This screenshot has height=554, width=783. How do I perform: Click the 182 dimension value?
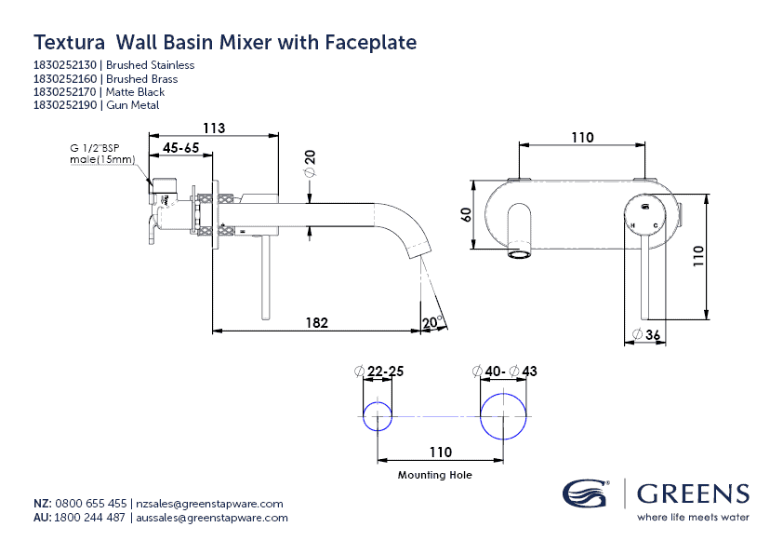coord(317,322)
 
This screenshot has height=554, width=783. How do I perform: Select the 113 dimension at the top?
coord(214,128)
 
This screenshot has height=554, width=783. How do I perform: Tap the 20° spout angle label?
coord(431,323)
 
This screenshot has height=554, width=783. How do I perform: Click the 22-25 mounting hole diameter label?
coord(384,372)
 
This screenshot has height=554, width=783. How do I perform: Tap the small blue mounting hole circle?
coord(378,417)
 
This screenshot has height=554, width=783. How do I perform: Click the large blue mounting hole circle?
coord(503,416)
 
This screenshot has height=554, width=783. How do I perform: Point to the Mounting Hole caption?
coord(435,475)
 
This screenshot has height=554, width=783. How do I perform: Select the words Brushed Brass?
coord(141,79)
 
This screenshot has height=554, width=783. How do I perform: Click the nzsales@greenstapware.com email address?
coord(209,504)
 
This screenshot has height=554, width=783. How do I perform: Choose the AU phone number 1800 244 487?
coord(91,518)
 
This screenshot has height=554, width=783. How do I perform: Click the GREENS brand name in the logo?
coord(693,493)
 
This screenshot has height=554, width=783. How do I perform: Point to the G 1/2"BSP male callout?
coord(102,154)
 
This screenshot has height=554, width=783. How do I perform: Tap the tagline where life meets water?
coord(693,517)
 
